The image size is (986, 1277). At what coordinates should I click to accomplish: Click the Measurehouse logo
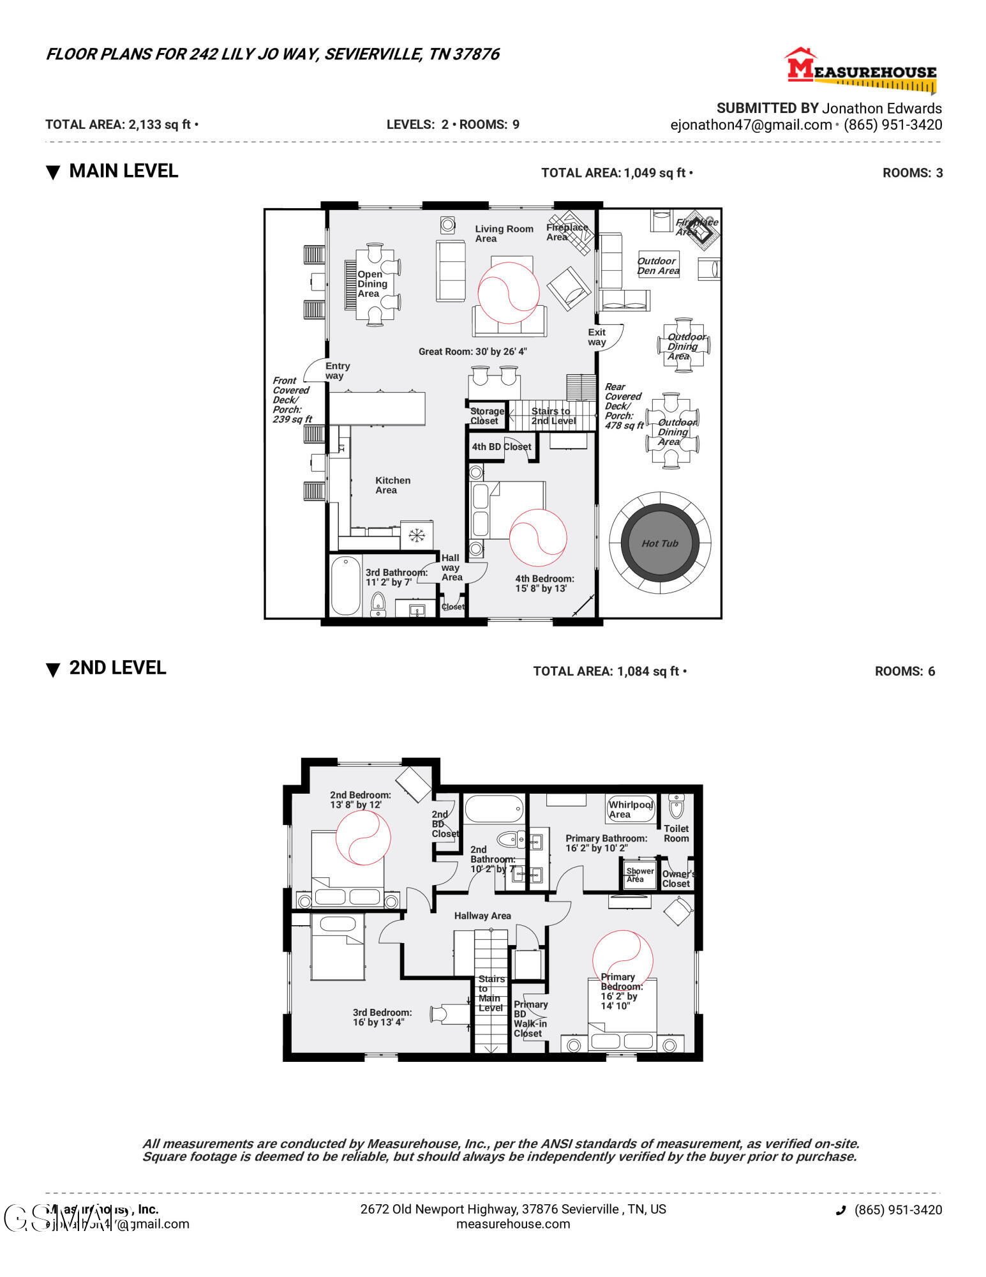(861, 70)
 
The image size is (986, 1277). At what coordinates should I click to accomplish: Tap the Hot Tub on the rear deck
(660, 543)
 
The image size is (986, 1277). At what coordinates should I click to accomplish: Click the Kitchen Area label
(392, 485)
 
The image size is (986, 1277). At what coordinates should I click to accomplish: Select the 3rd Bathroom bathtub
(345, 586)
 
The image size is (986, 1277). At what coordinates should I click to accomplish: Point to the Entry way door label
(337, 371)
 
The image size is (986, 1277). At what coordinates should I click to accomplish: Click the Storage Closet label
(486, 416)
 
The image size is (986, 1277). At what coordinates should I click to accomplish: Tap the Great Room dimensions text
(472, 352)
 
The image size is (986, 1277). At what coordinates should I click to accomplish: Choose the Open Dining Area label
(372, 284)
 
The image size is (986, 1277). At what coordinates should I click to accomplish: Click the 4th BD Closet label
(501, 447)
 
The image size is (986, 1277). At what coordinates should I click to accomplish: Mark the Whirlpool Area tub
(631, 809)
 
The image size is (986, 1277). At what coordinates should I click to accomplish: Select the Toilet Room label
(676, 833)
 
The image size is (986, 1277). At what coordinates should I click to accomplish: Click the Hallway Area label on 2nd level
(482, 916)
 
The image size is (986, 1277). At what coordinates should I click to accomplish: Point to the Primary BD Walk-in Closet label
(530, 1018)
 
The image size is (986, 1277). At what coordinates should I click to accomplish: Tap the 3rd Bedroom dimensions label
(382, 1017)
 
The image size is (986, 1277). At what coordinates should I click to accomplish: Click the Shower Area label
(639, 875)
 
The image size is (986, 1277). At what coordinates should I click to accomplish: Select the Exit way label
(597, 337)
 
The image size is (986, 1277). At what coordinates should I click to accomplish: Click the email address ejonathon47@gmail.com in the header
(751, 125)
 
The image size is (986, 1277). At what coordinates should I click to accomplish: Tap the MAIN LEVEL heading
(123, 171)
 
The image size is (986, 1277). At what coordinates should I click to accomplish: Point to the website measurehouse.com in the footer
(513, 1224)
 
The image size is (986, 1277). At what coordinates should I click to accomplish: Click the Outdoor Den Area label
(658, 266)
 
